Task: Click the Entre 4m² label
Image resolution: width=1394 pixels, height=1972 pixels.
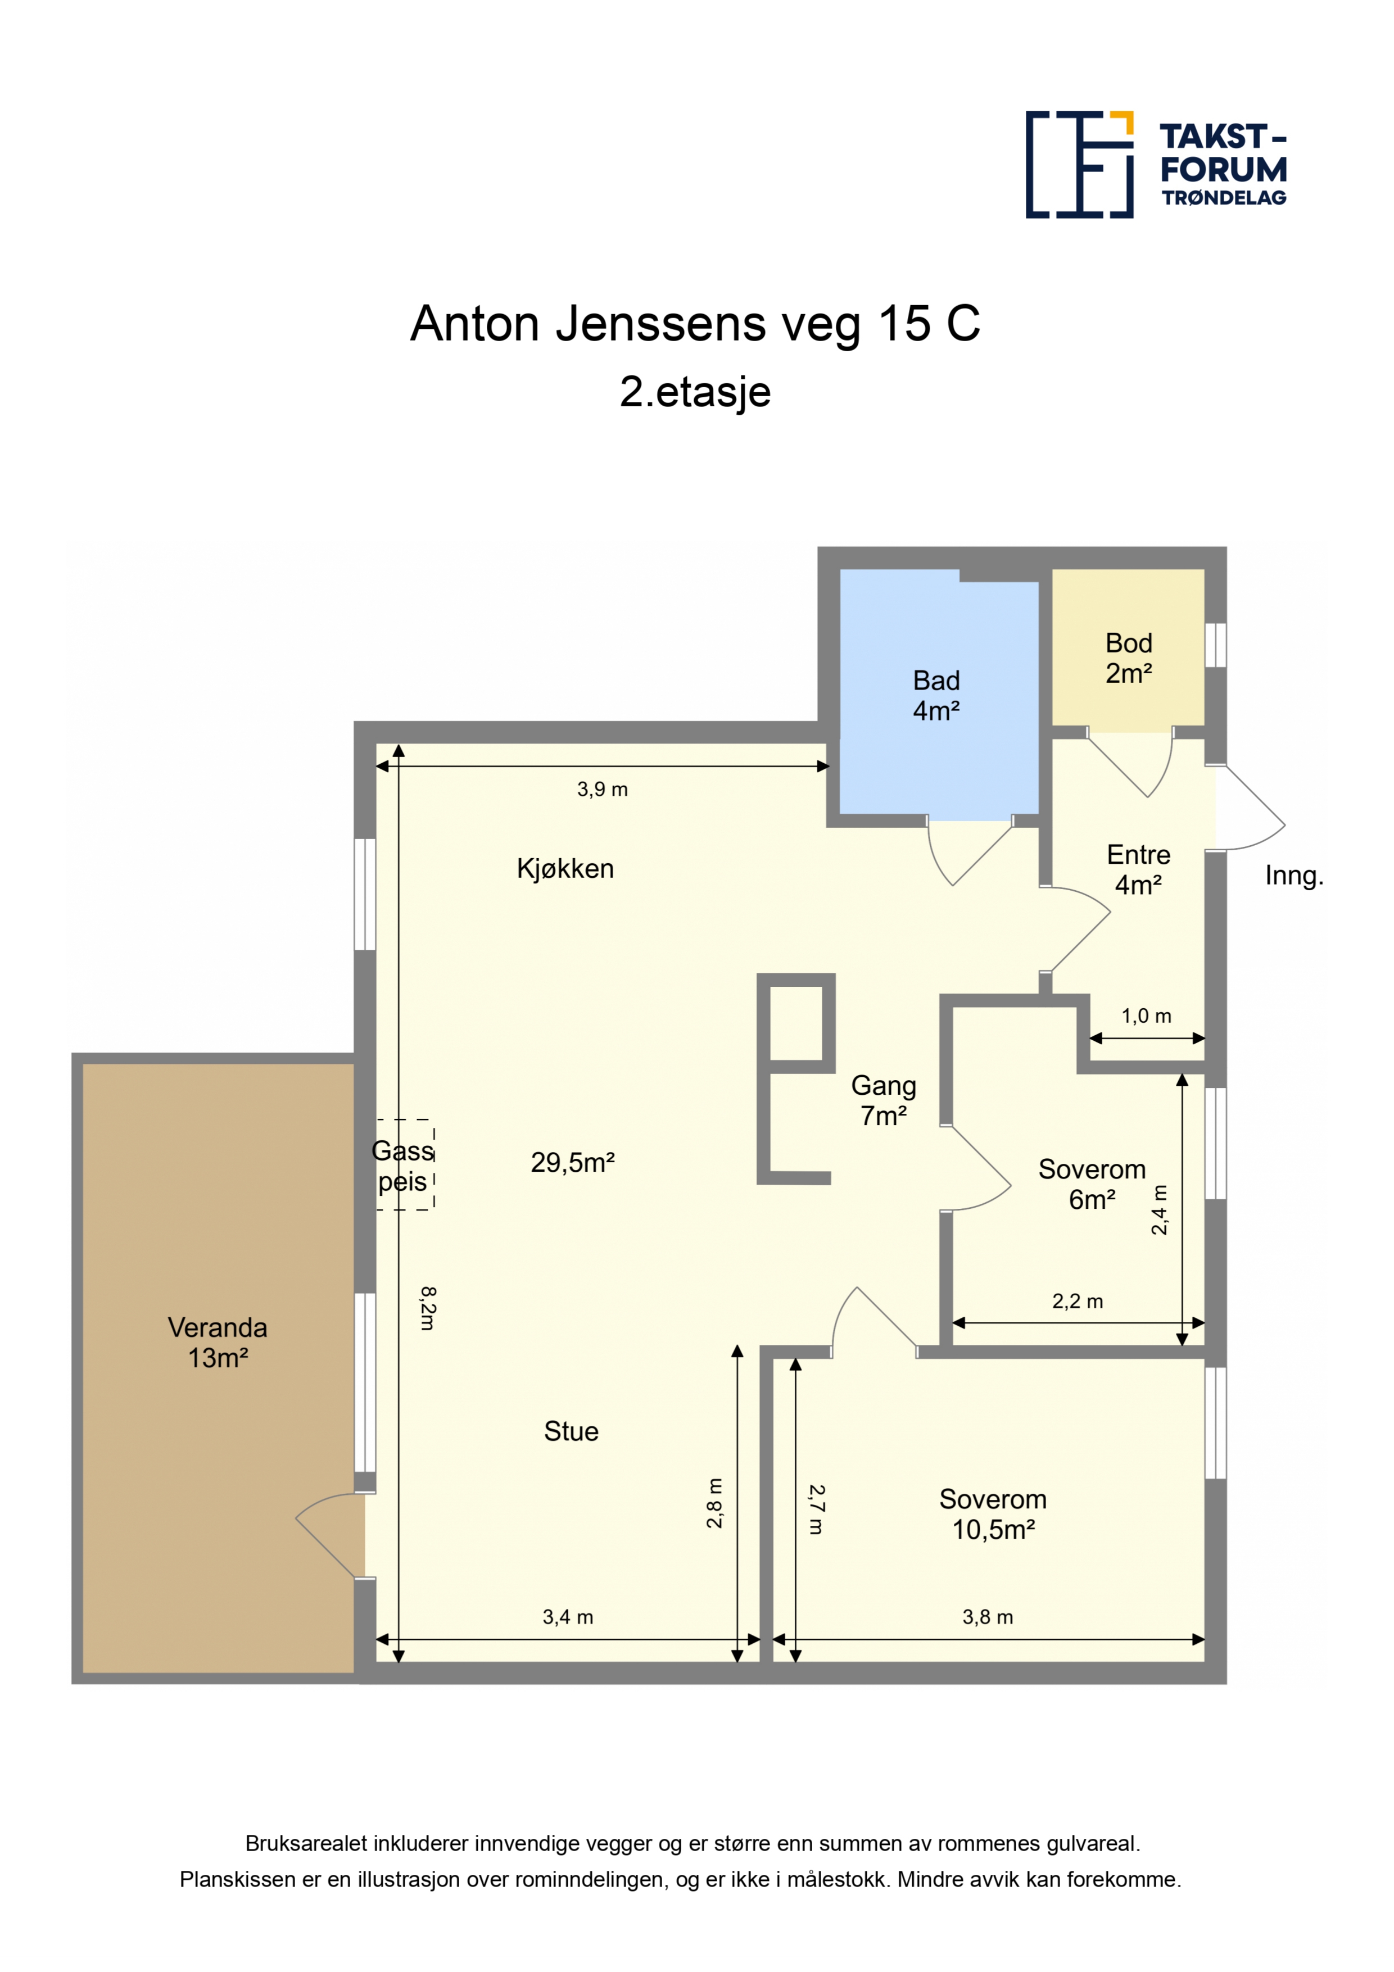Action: (1138, 869)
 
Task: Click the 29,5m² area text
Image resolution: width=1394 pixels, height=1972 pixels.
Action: (572, 1162)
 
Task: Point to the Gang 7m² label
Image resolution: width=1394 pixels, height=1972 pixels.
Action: (883, 1100)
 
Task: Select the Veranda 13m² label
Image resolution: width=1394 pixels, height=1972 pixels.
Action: (218, 1343)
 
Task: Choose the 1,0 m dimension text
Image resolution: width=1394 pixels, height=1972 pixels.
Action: (1146, 1016)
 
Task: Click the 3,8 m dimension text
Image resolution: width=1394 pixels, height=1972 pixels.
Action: (987, 1617)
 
